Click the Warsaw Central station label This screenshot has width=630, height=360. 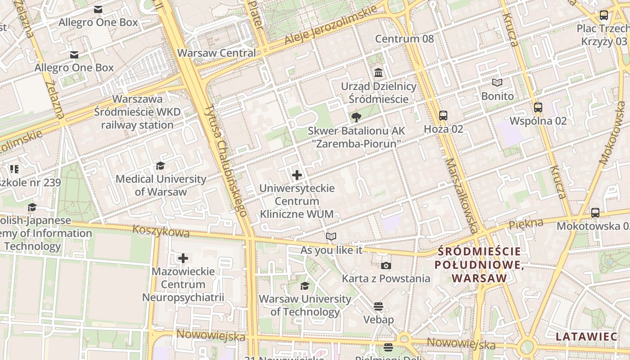pos(216,53)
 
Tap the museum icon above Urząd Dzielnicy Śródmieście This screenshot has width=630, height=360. pos(378,72)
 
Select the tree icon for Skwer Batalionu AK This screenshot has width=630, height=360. pos(356,117)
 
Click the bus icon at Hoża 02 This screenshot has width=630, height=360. pos(443,116)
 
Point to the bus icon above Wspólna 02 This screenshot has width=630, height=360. pos(538,108)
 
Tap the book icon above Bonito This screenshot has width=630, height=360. pos(497,83)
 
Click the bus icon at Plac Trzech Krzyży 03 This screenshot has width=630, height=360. pos(604,16)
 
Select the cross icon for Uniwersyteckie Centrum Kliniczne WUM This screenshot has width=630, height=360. pos(297,175)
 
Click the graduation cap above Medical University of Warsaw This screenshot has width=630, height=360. pos(161,166)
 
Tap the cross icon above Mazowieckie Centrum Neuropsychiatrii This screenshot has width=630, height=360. pos(183,258)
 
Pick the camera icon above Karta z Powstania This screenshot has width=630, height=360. pos(386,265)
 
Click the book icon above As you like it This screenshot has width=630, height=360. pos(331,237)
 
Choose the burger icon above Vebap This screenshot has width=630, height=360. pos(378,306)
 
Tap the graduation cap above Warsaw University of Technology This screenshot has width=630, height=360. pos(305,286)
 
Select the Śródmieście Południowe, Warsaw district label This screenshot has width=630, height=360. pos(479,265)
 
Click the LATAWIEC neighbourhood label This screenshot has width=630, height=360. pos(586,337)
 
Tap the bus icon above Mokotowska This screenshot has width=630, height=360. pos(595,213)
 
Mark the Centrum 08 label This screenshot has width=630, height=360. pos(405,39)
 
